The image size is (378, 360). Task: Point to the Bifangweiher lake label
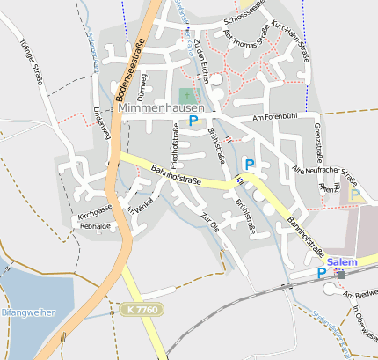click(28, 312)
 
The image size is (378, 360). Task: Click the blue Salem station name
click(340, 262)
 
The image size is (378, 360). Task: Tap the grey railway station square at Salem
click(340, 275)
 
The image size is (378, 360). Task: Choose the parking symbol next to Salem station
click(322, 273)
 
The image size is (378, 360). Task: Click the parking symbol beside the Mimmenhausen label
click(193, 121)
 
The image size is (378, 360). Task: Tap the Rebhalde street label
click(94, 226)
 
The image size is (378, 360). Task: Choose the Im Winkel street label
click(140, 204)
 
